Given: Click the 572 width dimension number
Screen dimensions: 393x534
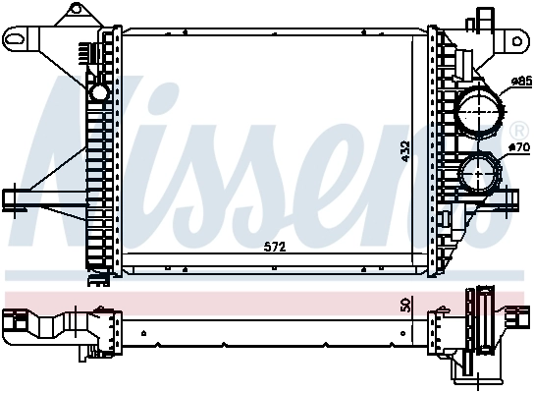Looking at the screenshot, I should point(276,247).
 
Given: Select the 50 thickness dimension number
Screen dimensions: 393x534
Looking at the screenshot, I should point(403,306).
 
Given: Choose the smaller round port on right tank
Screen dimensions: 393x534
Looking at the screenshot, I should point(479,175).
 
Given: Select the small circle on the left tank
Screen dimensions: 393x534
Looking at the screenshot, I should point(98,92).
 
